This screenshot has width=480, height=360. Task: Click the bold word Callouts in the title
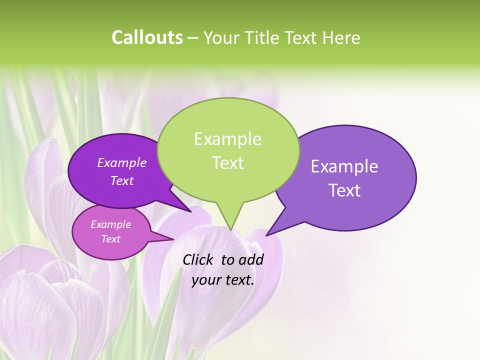[147, 38]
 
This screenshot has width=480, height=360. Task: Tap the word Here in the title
[341, 38]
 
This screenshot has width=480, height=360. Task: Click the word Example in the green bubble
[227, 139]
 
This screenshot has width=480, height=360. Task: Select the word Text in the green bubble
[227, 163]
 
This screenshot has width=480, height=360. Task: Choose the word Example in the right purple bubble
[344, 166]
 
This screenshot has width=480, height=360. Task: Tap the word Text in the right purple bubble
[344, 190]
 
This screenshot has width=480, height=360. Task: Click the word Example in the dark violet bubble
[122, 162]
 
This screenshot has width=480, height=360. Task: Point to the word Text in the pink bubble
[111, 239]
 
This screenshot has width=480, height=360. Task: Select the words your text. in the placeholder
[223, 280]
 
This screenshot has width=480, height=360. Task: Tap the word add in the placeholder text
[251, 259]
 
